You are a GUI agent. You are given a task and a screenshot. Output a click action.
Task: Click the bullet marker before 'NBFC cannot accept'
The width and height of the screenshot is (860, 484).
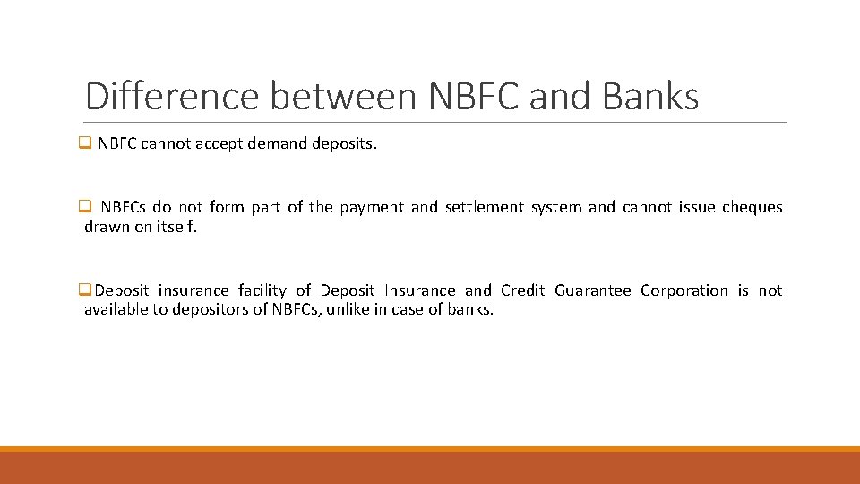[85, 143]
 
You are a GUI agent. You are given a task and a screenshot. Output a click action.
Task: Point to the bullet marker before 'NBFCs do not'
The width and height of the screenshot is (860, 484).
[85, 207]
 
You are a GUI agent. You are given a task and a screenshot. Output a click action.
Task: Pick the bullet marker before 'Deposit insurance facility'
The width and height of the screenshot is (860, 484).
[85, 290]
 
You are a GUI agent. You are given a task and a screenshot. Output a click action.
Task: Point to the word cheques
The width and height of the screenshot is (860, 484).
[752, 207]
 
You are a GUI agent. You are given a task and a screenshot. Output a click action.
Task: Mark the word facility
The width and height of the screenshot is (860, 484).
[262, 290]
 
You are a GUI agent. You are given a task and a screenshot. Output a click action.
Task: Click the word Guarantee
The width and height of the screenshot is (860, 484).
[592, 290]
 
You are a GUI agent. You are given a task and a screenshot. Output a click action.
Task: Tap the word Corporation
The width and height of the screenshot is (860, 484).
[684, 290]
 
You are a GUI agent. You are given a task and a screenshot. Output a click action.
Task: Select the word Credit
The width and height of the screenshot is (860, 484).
[523, 290]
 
